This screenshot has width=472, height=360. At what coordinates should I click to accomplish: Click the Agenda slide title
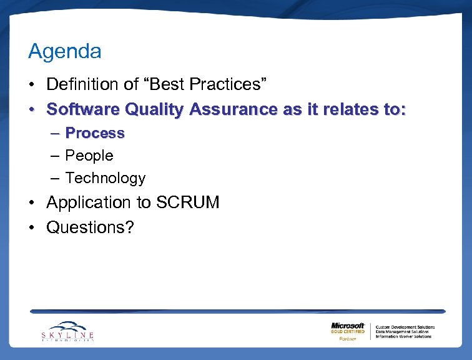65,52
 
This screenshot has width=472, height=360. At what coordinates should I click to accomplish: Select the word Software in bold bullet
84,109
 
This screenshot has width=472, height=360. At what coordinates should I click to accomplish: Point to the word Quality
154,110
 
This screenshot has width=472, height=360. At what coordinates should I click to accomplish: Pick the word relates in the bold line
342,109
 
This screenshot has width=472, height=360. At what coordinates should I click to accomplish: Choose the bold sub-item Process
95,133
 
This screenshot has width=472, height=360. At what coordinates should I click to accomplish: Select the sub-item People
89,156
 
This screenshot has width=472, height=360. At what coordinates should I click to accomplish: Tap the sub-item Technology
105,178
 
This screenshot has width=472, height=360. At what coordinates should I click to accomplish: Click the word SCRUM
188,202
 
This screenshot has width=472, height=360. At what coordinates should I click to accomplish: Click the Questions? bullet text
91,227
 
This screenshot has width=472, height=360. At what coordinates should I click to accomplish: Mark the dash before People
55,156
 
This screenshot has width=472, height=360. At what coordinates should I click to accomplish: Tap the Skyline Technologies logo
67,331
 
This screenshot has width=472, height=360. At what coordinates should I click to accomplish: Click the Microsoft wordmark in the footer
348,326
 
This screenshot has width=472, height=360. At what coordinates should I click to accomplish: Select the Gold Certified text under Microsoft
348,332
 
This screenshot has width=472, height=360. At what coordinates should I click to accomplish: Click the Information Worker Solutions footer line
403,336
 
